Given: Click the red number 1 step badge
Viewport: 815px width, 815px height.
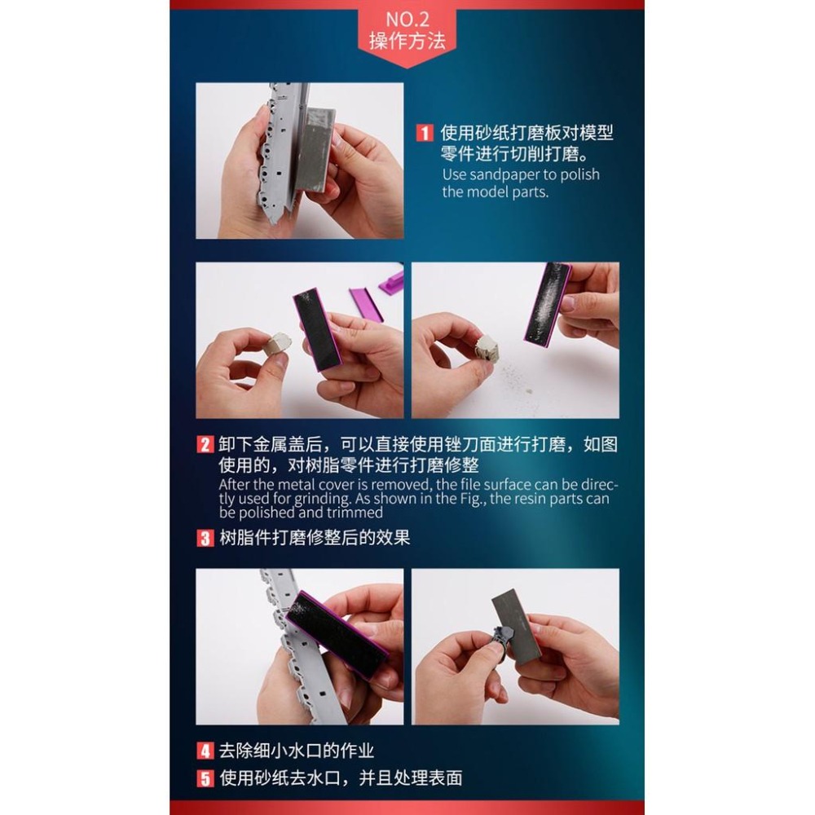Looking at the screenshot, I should [424, 133].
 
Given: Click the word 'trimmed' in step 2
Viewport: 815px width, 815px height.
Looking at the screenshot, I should [357, 513].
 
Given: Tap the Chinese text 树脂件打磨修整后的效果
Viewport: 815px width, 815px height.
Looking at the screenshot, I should [315, 539].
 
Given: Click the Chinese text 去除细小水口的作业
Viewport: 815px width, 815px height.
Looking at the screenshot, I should [297, 751].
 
